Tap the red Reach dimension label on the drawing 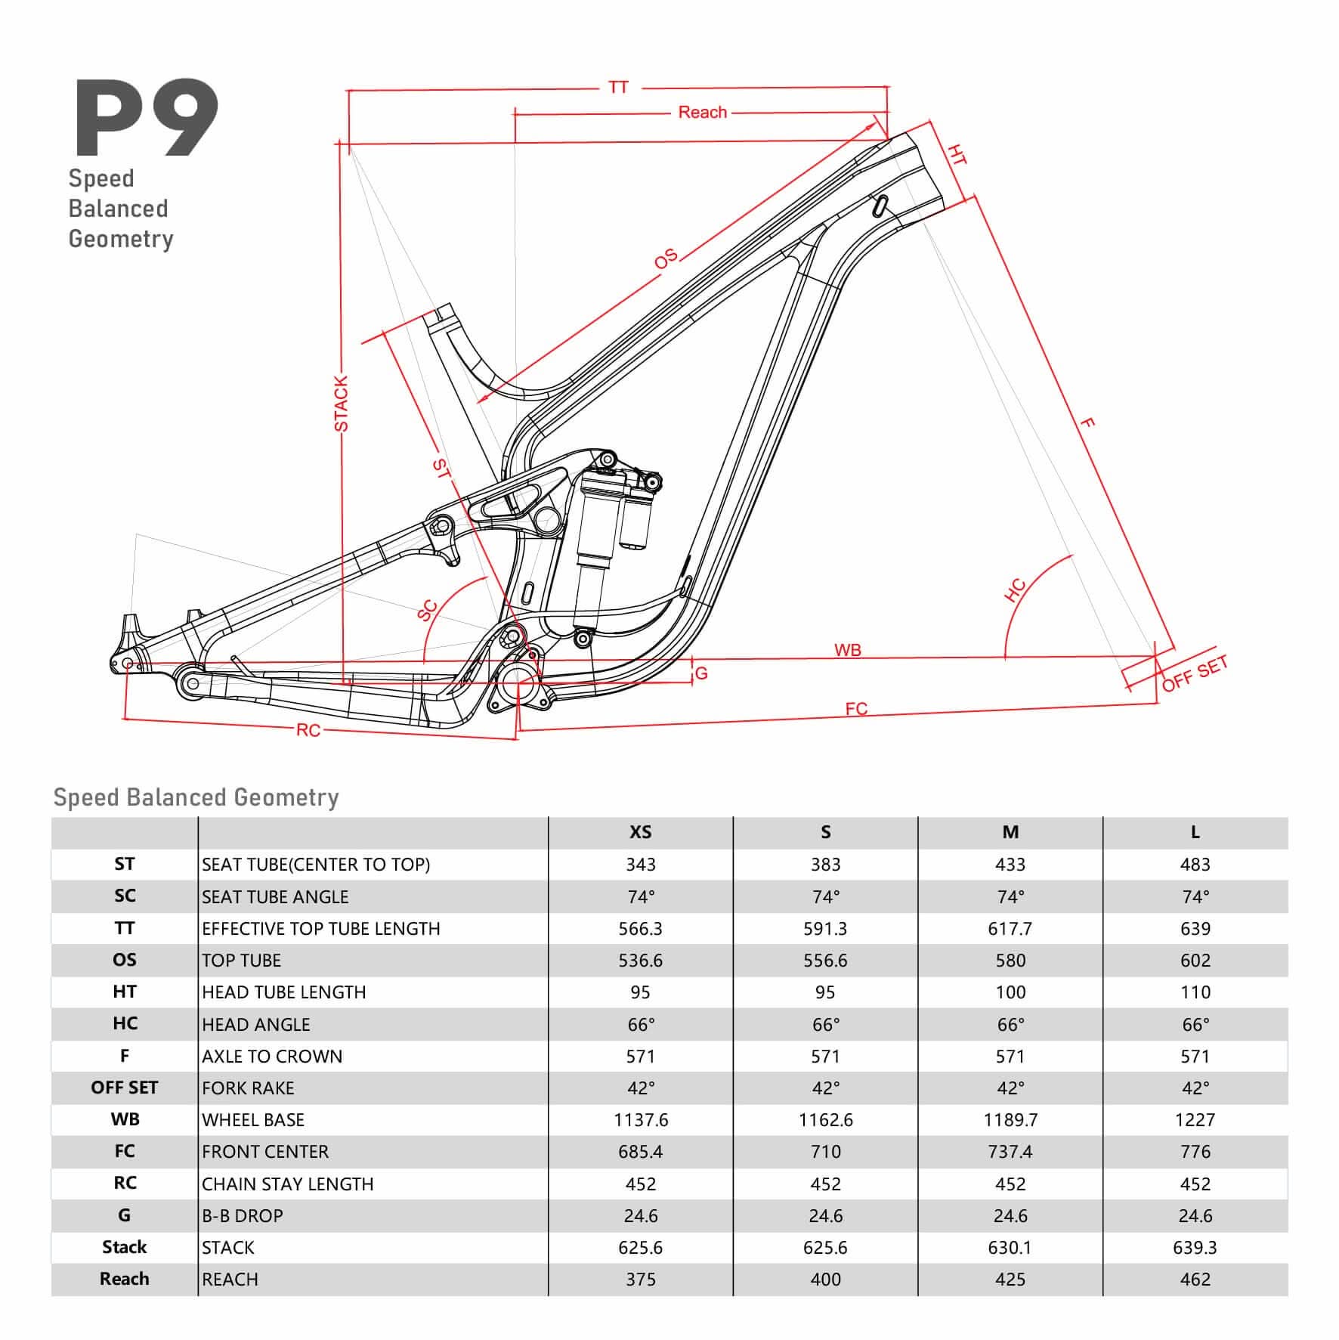tap(702, 113)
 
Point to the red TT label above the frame tap(618, 88)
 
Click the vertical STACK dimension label tap(342, 404)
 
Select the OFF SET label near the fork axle tap(1194, 673)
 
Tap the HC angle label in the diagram tap(1016, 590)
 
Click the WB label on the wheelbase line tap(847, 650)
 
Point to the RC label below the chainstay tap(308, 730)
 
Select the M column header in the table tap(1010, 832)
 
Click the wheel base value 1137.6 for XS tap(641, 1119)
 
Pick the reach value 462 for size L tap(1195, 1280)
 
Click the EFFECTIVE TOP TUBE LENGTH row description tap(320, 928)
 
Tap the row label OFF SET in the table tap(125, 1088)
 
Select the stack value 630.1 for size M tap(1010, 1247)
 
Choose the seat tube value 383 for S tap(825, 864)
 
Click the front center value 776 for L tap(1195, 1152)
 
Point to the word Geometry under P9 tap(121, 239)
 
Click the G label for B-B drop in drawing tap(701, 673)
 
